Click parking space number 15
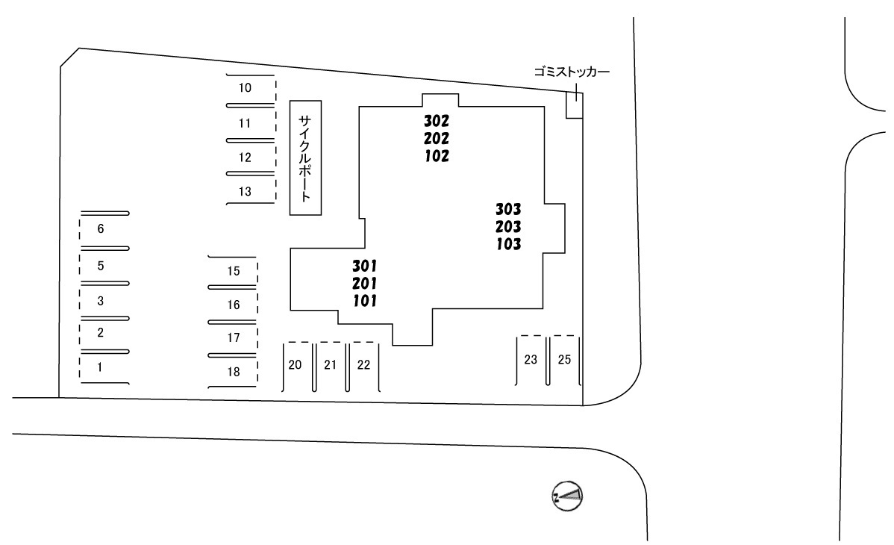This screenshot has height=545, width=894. click(233, 272)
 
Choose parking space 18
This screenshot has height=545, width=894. click(233, 372)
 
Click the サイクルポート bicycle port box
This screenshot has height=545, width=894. click(306, 158)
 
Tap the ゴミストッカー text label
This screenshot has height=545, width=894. click(572, 72)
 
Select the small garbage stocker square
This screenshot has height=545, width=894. click(574, 105)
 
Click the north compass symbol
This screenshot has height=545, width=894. click(567, 496)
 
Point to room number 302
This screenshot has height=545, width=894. click(436, 121)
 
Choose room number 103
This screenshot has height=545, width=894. click(508, 244)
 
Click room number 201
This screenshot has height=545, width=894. click(364, 284)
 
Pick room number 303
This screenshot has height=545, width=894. click(508, 210)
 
